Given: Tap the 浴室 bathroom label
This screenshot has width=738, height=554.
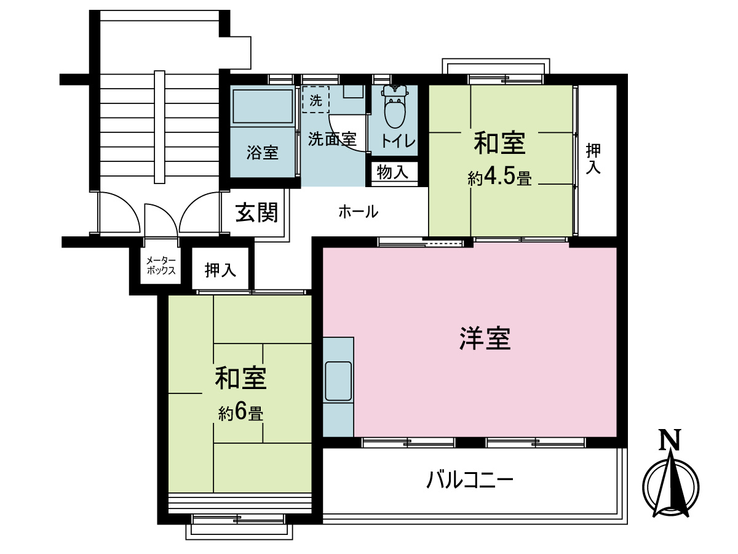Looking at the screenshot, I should click(263, 152).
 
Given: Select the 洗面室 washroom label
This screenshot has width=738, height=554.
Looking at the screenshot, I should click(332, 139).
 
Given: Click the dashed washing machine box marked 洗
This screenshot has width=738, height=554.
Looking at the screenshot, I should click(315, 100).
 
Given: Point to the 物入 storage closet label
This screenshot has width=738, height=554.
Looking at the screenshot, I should click(392, 172).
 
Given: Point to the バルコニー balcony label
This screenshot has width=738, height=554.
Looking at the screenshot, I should click(470, 479).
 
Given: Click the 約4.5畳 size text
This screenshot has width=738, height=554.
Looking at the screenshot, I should click(499, 179).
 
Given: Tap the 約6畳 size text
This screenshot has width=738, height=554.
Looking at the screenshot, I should click(241, 413).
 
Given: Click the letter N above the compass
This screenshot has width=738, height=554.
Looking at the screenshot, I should click(670, 440).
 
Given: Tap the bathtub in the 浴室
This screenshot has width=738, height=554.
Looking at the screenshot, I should click(263, 107).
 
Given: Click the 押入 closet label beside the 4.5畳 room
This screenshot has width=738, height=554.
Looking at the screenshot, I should click(593, 159).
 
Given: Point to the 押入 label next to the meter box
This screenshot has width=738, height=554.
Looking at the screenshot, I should click(221, 270).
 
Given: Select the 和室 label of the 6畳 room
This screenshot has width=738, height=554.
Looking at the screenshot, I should click(240, 378).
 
